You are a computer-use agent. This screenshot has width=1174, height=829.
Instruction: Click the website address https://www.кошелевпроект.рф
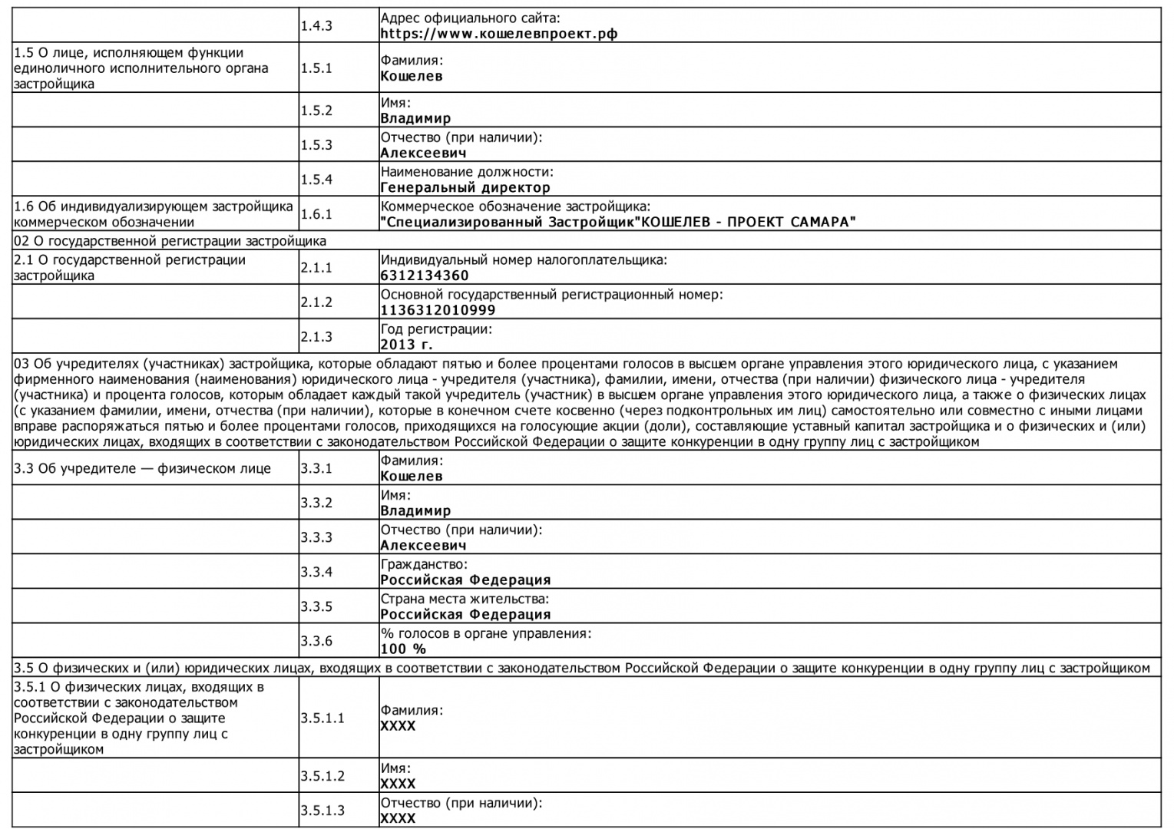(499, 34)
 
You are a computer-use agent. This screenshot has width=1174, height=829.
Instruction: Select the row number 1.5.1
(316, 68)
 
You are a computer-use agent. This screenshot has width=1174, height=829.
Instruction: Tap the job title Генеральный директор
(465, 187)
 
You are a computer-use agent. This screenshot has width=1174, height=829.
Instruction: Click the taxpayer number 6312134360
(425, 276)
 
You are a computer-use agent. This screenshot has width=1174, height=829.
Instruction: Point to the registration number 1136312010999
(438, 310)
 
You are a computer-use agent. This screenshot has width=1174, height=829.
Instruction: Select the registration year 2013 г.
(407, 345)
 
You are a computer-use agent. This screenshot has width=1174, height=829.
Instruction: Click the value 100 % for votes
(403, 649)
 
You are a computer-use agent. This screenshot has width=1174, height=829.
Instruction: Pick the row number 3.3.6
(316, 641)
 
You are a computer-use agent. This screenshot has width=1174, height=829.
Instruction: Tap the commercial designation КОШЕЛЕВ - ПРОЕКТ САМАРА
(618, 222)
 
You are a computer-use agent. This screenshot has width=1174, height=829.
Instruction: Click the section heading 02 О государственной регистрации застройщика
(170, 241)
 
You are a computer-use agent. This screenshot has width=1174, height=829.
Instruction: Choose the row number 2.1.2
(316, 302)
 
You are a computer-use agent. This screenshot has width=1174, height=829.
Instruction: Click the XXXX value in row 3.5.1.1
(398, 726)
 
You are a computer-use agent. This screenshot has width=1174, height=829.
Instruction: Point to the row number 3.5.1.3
(322, 811)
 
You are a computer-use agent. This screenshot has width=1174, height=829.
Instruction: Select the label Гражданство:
(424, 565)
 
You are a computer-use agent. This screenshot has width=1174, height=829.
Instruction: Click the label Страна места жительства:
(465, 599)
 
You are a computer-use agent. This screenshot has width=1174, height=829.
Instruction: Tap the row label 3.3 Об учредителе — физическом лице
(143, 469)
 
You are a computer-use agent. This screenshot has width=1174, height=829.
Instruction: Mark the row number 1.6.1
(316, 214)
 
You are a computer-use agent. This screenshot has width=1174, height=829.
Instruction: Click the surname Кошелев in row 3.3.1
(412, 476)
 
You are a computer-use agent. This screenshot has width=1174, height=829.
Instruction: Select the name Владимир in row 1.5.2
(415, 118)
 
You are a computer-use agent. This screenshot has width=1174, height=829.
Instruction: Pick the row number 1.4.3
(316, 26)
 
